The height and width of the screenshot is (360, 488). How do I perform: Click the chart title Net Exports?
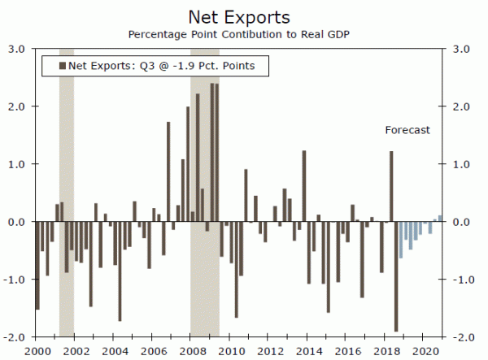(243, 16)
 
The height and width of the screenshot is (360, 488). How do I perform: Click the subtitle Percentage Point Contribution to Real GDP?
(243, 34)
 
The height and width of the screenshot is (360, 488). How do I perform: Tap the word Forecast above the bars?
(407, 130)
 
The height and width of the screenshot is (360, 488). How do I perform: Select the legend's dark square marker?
(62, 65)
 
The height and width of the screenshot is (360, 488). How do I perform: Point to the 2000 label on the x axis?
(37, 350)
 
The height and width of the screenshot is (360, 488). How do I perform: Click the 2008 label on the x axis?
(190, 350)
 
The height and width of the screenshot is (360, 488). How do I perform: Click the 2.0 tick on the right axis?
(461, 106)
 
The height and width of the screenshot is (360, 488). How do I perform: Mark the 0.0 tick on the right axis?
(461, 222)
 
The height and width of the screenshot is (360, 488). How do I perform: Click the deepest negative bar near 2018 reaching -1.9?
(396, 276)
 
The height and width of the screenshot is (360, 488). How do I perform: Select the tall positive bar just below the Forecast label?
(391, 186)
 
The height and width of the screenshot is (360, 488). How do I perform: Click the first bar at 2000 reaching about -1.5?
(37, 265)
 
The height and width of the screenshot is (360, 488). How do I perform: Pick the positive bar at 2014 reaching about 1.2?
(304, 186)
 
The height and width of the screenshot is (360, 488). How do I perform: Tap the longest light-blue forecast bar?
(401, 240)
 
